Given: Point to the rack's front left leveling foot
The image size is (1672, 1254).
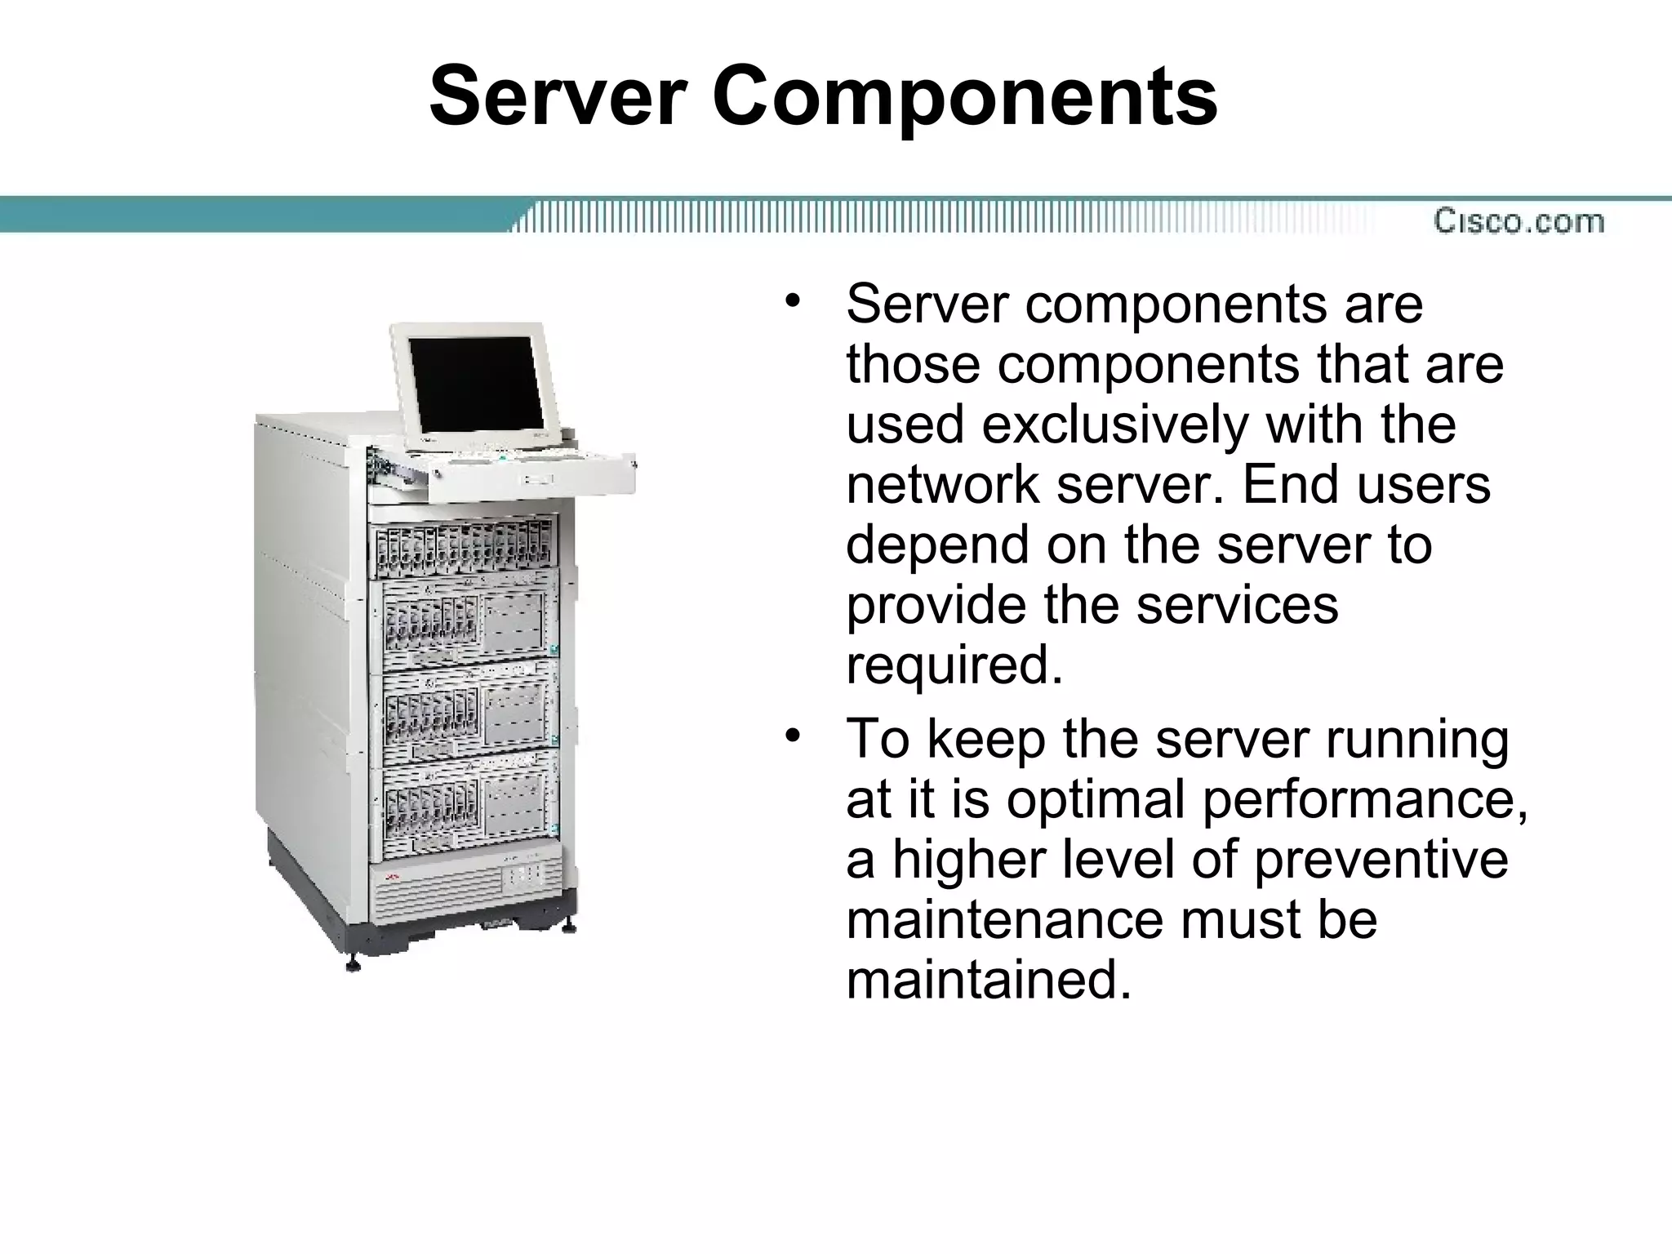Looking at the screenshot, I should (x=353, y=963).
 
